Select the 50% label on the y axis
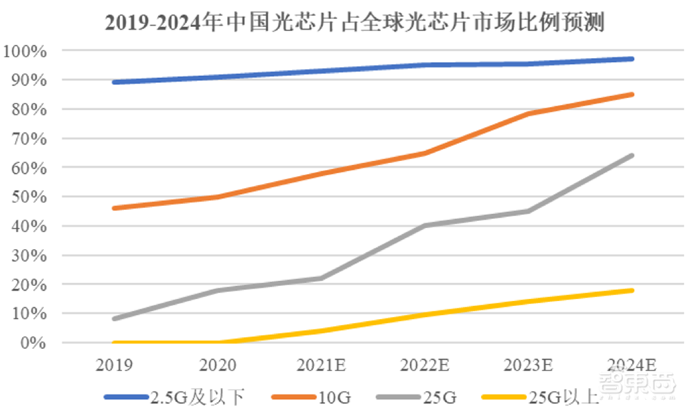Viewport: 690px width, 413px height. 28,198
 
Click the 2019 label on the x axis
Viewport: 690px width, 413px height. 113,364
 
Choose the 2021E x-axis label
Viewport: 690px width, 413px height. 321,364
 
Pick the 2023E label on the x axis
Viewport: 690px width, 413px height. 529,364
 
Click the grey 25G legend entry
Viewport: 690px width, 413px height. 417,397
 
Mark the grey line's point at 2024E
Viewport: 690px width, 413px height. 632,155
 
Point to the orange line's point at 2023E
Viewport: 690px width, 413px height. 529,113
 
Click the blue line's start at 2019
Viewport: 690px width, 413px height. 113,82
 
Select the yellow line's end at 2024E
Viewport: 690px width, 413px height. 632,290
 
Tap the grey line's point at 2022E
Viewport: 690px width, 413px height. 424,225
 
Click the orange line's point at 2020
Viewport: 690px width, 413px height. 217,197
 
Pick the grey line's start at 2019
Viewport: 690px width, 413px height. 113,319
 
